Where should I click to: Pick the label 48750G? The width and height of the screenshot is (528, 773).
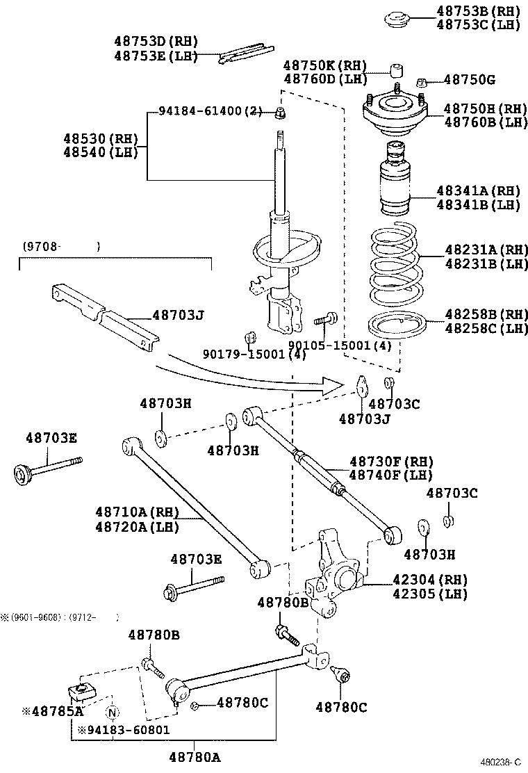(x=470, y=80)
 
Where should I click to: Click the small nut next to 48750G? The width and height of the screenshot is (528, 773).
(x=421, y=83)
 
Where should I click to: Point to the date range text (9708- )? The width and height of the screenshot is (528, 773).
(x=61, y=245)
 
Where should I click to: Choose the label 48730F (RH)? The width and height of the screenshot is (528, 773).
(x=390, y=462)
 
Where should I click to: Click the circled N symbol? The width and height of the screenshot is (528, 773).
(x=112, y=712)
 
